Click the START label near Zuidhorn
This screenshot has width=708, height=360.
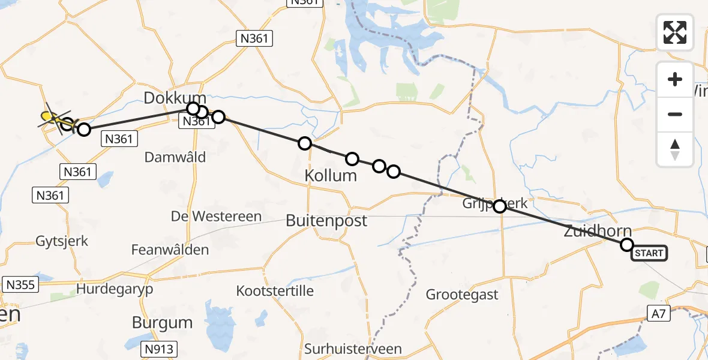pyautogui.click(x=649, y=253)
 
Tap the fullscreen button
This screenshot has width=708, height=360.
pyautogui.click(x=675, y=32)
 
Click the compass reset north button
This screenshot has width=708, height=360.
pyautogui.click(x=675, y=149)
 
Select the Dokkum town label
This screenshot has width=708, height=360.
pyautogui.click(x=175, y=98)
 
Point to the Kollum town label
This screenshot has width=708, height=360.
pyautogui.click(x=331, y=176)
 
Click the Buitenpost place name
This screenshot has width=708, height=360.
pyautogui.click(x=326, y=220)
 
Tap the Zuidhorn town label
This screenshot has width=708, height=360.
pyautogui.click(x=598, y=231)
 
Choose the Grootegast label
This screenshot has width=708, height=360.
pyautogui.click(x=462, y=295)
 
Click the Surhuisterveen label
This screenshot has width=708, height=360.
pyautogui.click(x=353, y=349)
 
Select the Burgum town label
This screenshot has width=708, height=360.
pyautogui.click(x=162, y=322)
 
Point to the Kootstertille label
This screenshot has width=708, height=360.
pyautogui.click(x=275, y=291)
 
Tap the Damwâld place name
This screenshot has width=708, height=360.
pyautogui.click(x=175, y=157)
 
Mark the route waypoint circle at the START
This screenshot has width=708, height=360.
pyautogui.click(x=626, y=245)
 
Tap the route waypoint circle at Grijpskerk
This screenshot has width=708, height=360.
pyautogui.click(x=499, y=206)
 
